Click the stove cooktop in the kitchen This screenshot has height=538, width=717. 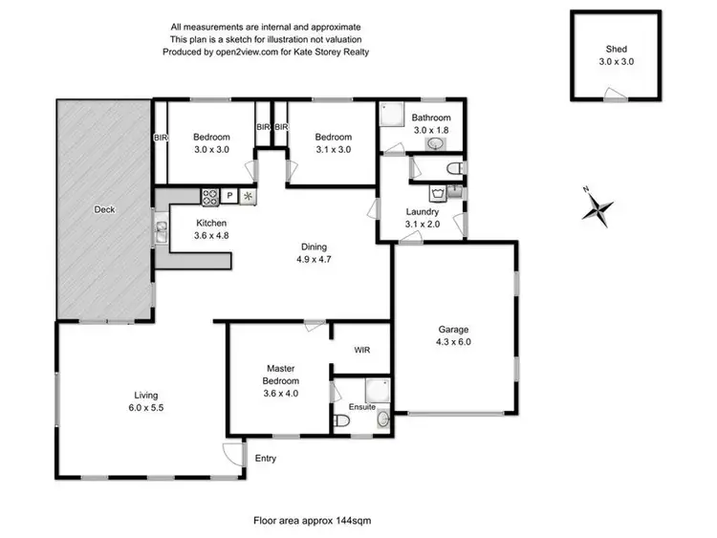coord(210,197)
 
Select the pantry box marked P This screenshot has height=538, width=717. coord(229,197)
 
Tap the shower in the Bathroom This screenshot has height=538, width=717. coord(393,117)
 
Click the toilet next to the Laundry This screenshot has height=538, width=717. coord(454,168)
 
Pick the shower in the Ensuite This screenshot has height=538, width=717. coord(376,388)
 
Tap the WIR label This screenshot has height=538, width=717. coord(361,351)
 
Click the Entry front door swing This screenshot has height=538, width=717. coord(231,452)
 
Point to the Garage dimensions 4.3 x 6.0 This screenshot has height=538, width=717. coord(454,341)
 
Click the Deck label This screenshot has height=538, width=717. coord(105,209)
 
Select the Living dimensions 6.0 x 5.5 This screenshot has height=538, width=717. coord(146,406)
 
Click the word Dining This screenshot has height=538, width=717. coord(311,246)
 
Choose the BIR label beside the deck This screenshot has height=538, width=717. coord(161,138)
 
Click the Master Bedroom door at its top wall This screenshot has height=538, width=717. coord(311,327)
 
